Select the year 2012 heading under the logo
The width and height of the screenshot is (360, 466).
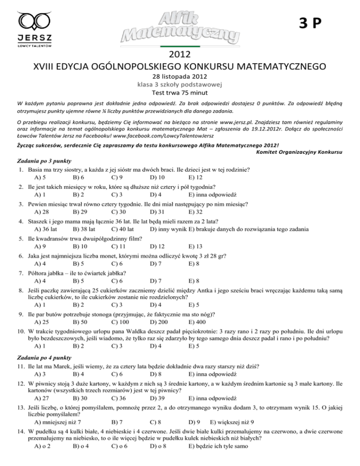click(x=180, y=54)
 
